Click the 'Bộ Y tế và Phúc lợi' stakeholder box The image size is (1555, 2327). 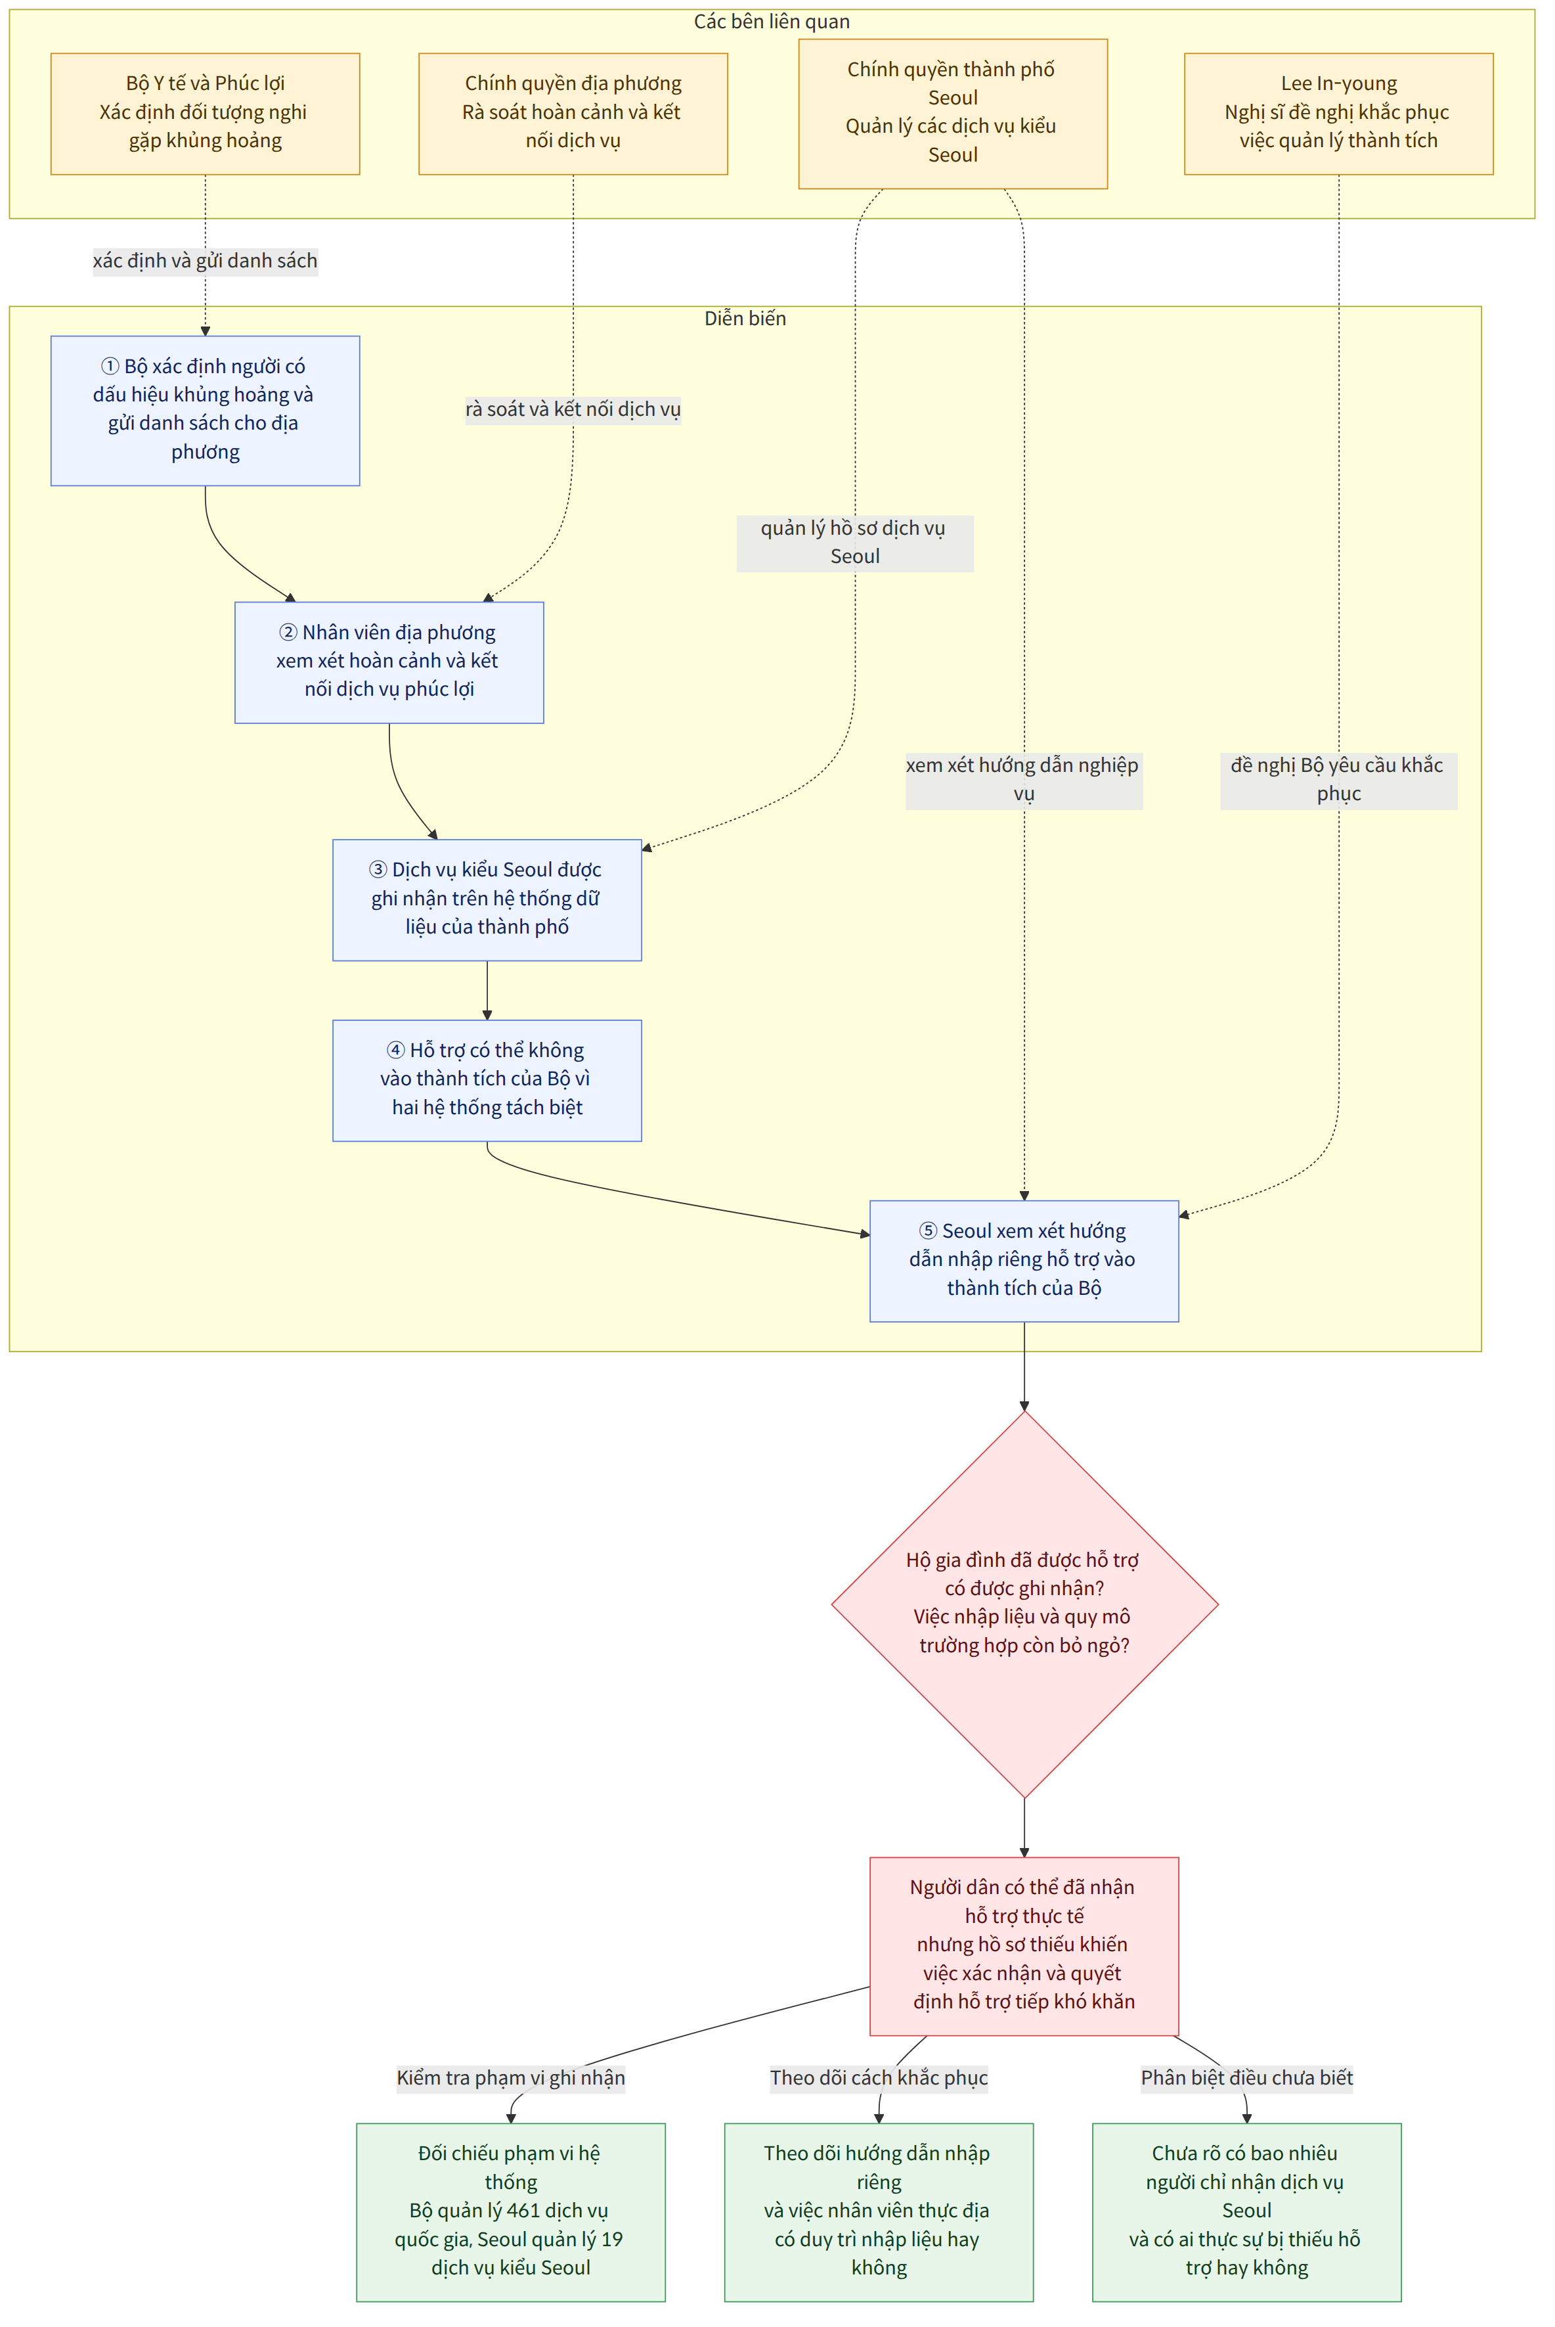click(206, 114)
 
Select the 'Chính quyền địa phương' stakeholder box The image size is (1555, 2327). click(573, 114)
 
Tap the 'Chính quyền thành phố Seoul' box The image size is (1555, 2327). click(953, 114)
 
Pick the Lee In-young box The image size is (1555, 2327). click(1339, 114)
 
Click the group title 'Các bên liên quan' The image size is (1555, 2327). click(772, 22)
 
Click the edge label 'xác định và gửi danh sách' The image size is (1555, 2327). click(206, 261)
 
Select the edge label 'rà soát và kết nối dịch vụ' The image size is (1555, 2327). click(573, 410)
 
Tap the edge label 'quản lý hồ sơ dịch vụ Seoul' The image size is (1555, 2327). click(855, 543)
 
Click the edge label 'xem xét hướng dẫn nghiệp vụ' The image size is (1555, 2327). click(1024, 780)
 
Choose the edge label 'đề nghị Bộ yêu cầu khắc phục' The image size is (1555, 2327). click(1339, 780)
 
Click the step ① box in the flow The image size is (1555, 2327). click(206, 411)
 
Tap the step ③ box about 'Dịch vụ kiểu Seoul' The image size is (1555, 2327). click(487, 899)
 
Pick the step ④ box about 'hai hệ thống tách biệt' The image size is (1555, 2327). click(487, 1080)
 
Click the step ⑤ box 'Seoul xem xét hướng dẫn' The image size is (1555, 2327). click(1024, 1261)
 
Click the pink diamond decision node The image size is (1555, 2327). click(1024, 1604)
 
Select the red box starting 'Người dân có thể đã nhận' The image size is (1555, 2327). click(1024, 1946)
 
